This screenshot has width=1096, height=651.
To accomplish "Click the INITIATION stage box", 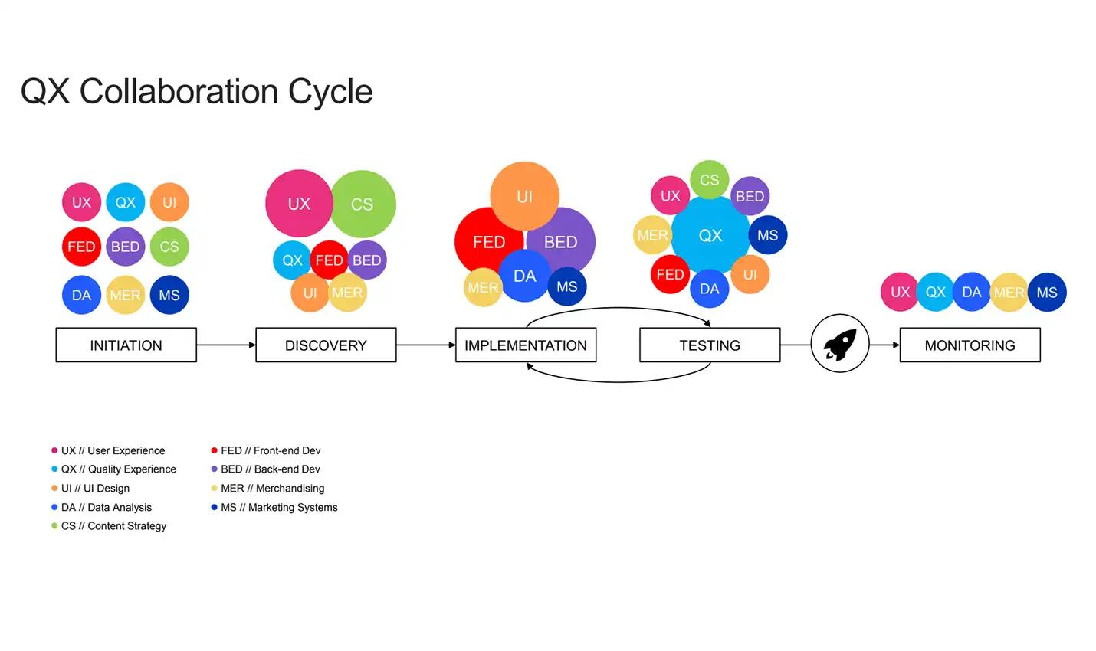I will pos(126,345).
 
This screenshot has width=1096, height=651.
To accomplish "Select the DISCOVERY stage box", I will pos(326,345).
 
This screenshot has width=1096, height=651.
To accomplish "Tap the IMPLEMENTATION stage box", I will pos(525,345).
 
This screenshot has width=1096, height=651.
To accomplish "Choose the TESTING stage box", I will pos(710,345).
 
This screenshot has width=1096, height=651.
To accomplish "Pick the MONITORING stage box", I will pos(970,345).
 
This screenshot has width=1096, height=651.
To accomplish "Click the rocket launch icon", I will pos(840,343).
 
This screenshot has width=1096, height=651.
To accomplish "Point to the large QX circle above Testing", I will pos(710,235).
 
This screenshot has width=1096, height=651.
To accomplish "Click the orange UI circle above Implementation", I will pos(524,196).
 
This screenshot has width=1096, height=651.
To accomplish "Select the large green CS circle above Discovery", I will pos(363,204).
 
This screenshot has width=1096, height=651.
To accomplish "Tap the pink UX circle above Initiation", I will pos(81,202).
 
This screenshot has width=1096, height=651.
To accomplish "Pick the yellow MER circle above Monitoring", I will pos(1009,293).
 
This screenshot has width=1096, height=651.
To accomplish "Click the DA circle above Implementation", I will pos(525,276).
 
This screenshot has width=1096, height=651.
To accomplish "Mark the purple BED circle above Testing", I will pos(750,196).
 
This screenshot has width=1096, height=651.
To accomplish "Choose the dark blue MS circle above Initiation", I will pos(169,295).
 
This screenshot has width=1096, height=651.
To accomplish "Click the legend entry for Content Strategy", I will pos(113,526).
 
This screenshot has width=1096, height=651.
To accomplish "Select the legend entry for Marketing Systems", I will pos(279,507).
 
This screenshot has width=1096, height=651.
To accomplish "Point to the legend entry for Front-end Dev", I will pos(271,450).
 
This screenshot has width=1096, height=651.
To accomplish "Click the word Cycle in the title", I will pos(330,92).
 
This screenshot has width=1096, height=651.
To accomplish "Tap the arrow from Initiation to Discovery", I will pos(226,345).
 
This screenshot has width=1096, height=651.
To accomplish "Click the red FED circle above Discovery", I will pos(330,260).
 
